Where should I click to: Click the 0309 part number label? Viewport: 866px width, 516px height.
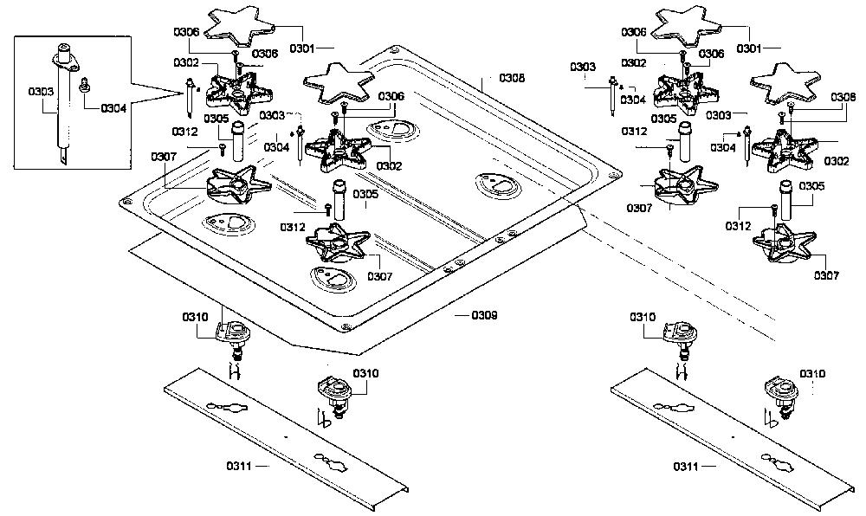(x=484, y=315)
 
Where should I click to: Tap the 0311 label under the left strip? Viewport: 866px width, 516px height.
(x=239, y=467)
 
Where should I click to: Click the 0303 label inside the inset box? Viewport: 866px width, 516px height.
(x=42, y=91)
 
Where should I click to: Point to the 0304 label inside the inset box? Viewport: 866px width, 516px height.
(x=113, y=109)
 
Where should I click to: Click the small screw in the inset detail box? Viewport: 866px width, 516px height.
(x=85, y=85)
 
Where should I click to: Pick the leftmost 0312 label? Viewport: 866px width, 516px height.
(x=185, y=132)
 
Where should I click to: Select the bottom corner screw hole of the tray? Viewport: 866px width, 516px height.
(x=346, y=326)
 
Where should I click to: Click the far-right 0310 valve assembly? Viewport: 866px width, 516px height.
(x=781, y=397)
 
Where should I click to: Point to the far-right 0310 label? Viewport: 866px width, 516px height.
(x=812, y=374)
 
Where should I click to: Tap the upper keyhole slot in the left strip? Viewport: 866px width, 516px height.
(x=228, y=407)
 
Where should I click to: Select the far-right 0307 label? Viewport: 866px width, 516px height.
(x=826, y=275)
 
